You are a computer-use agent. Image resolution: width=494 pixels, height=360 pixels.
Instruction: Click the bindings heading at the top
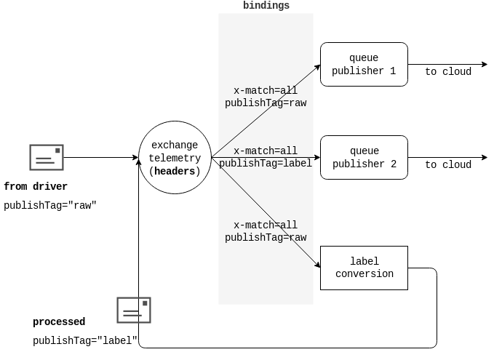[266, 6]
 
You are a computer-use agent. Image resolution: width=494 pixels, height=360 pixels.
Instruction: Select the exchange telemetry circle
[175, 158]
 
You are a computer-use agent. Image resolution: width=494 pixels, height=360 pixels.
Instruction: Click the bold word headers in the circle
[175, 172]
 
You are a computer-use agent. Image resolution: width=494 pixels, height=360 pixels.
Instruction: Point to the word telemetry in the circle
[175, 159]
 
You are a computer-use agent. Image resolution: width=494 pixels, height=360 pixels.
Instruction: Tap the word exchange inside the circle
[175, 145]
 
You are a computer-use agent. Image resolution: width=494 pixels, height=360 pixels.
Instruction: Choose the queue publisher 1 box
[364, 65]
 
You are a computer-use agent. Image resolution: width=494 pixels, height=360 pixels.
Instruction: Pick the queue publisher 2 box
[364, 158]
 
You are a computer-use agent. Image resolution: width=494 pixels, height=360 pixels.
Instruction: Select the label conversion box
[364, 268]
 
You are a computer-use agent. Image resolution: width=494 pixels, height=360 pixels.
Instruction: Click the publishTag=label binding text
[266, 164]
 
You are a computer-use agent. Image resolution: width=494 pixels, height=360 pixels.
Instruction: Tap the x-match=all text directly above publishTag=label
[266, 151]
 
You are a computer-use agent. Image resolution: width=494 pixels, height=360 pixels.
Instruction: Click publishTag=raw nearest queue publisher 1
[266, 103]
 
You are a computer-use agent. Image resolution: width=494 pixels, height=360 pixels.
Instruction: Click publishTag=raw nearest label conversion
[266, 238]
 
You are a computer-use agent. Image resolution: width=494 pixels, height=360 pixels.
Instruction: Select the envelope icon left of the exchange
[47, 158]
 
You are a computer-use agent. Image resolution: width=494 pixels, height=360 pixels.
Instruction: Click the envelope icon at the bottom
[134, 311]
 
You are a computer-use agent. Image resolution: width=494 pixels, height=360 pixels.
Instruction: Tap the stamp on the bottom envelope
[146, 303]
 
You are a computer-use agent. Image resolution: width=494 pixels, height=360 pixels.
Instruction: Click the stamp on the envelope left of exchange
[58, 151]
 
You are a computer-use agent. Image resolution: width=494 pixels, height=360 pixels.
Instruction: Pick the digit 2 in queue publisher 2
[394, 164]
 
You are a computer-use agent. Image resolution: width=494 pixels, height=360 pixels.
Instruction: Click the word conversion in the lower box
[364, 274]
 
